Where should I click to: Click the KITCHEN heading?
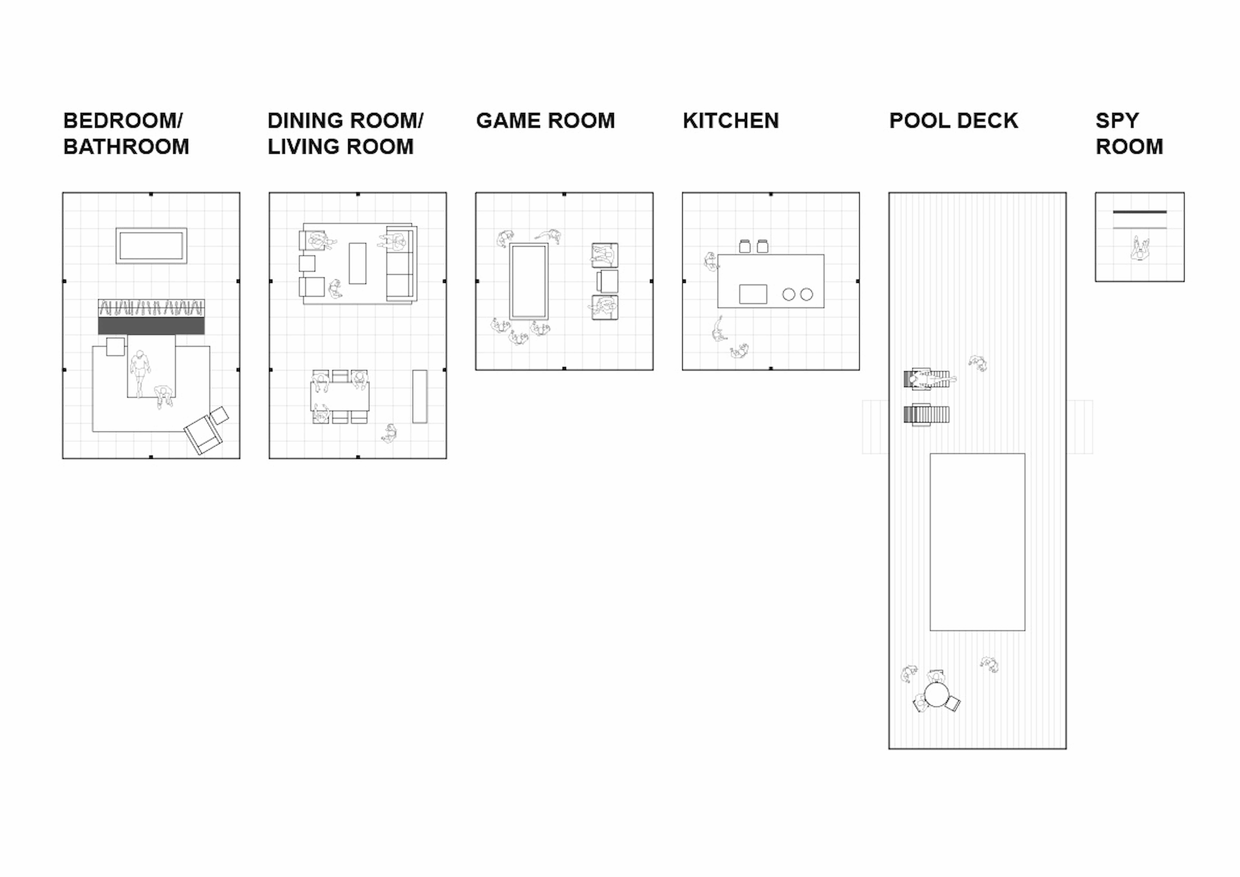(731, 120)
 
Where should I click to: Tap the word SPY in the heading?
(1117, 120)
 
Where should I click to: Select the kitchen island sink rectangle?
(753, 294)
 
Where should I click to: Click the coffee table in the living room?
(358, 263)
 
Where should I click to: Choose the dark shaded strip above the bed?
(151, 325)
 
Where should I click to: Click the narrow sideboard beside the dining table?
(420, 396)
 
